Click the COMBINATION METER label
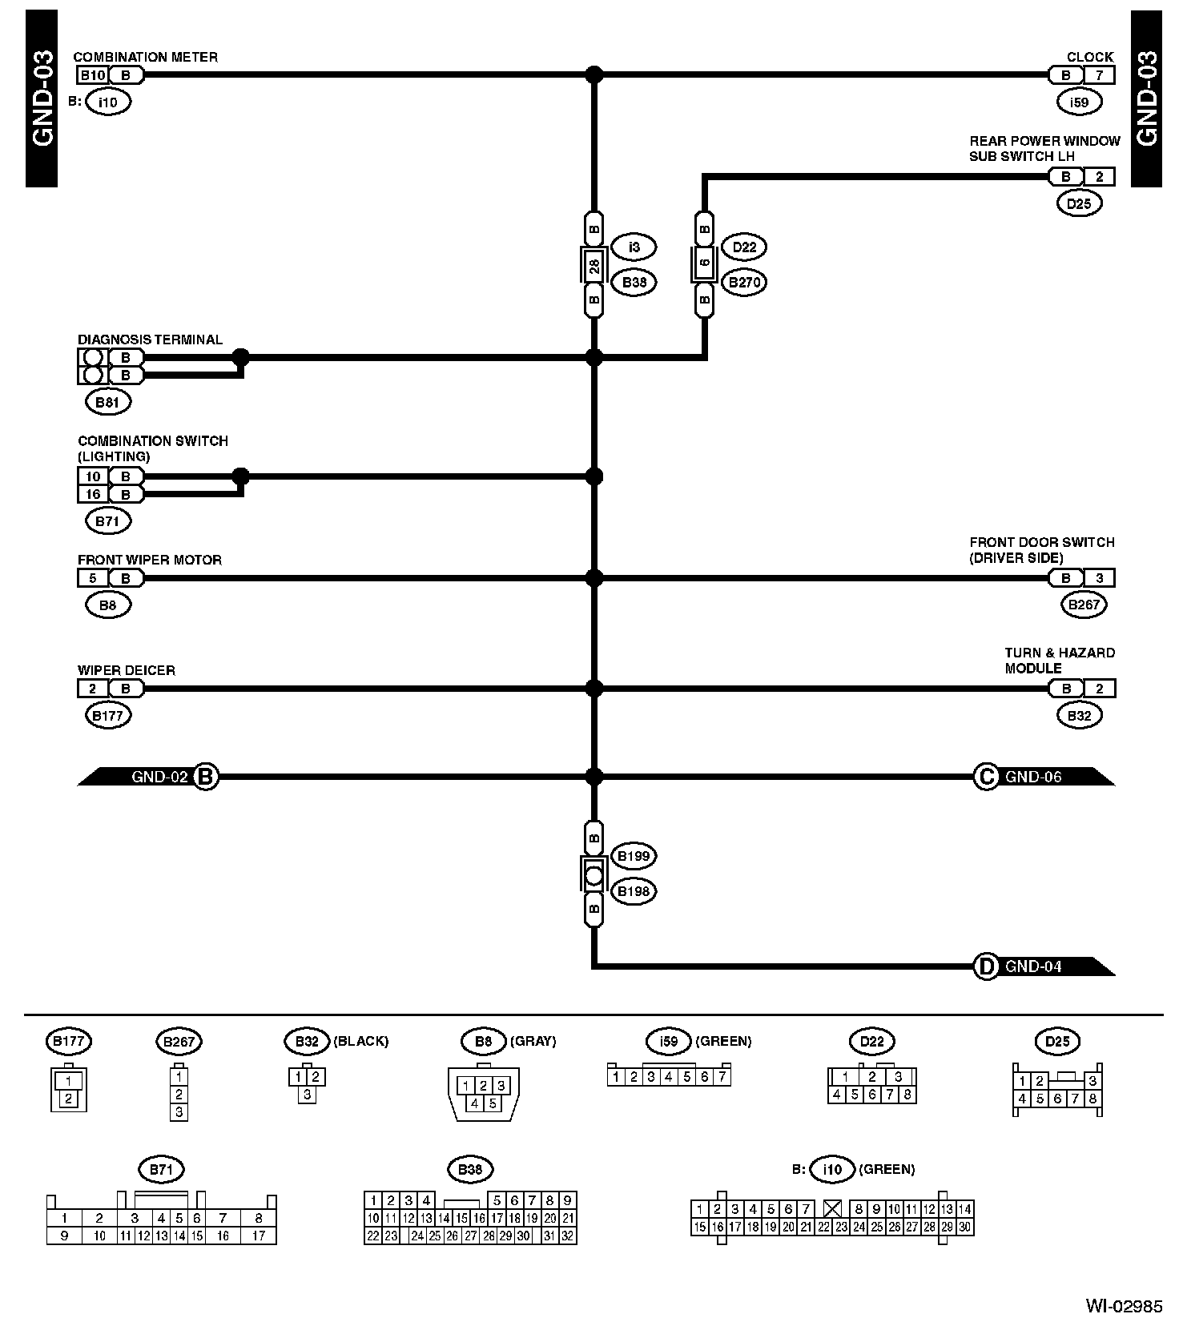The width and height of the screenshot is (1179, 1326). (x=145, y=57)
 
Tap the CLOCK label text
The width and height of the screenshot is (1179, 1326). (x=1089, y=57)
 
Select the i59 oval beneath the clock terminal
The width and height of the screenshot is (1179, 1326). (x=1079, y=102)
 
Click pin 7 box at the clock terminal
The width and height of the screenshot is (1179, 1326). (x=1099, y=75)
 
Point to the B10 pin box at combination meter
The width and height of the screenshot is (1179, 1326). (x=92, y=75)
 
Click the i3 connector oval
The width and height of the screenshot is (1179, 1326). (x=634, y=247)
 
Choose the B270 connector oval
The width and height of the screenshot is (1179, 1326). (x=744, y=282)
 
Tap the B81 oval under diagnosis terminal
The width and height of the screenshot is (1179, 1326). (x=107, y=402)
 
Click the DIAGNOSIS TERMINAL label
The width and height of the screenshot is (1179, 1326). (x=150, y=340)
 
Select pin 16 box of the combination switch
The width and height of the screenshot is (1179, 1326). (x=93, y=494)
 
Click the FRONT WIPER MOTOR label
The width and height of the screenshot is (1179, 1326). (x=149, y=560)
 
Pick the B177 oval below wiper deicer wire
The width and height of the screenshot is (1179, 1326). (x=107, y=716)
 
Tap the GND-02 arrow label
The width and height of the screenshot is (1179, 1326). (x=159, y=777)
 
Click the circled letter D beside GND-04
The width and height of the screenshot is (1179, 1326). (x=985, y=966)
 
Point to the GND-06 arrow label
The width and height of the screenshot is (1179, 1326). (x=1033, y=777)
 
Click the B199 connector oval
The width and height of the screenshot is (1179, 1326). (x=634, y=856)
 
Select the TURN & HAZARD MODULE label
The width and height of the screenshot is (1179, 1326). (x=1059, y=661)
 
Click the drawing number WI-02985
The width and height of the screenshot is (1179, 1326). (x=1123, y=1306)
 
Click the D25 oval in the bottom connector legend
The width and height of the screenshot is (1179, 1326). (x=1057, y=1042)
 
